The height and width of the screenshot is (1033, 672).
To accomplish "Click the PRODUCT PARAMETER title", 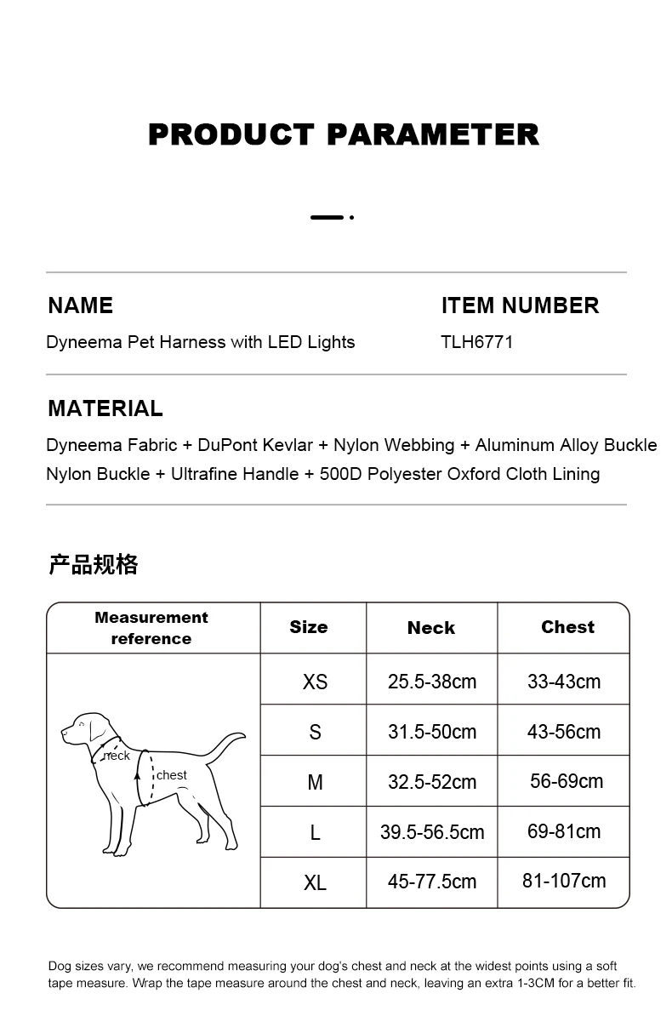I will (x=344, y=134).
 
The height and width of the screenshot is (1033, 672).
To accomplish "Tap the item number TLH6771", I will (x=476, y=342).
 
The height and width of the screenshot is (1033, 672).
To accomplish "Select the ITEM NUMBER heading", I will (x=520, y=305).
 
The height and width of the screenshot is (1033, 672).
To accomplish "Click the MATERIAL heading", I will (x=105, y=408).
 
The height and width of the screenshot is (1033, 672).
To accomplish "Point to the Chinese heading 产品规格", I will (x=93, y=564).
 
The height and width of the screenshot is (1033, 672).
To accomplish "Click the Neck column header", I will (x=430, y=628).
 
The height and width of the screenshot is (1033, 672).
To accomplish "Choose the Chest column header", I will (x=567, y=627).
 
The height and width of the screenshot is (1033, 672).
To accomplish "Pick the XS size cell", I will (x=315, y=682).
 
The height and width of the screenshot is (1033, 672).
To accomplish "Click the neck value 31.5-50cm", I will (x=432, y=732).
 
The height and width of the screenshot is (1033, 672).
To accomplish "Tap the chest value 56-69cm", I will (x=567, y=781).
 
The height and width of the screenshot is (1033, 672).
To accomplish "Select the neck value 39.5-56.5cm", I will (x=432, y=832).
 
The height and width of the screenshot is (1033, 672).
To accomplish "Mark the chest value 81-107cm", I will (x=564, y=881).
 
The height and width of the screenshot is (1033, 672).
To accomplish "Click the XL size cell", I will (x=315, y=882).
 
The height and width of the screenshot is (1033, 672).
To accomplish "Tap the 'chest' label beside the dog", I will (x=172, y=775).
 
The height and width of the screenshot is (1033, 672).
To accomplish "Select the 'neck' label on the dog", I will (x=117, y=756).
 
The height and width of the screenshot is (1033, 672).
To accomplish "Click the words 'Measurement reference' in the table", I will (x=151, y=628).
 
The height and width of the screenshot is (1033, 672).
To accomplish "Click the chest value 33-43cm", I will (x=564, y=682).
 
